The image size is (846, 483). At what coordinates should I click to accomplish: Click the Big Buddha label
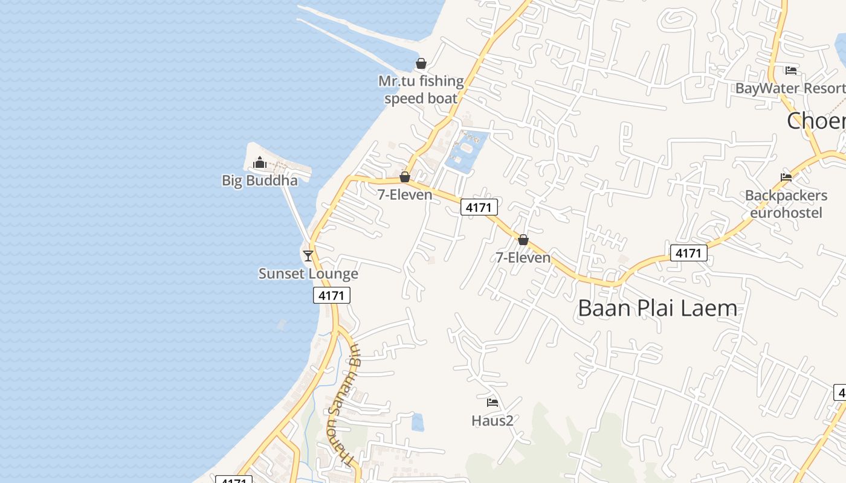point(260,181)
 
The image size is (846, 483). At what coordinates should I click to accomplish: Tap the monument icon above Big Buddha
point(260,162)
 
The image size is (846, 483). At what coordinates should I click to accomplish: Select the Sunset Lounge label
point(308,273)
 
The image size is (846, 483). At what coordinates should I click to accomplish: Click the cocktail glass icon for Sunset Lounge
point(308,255)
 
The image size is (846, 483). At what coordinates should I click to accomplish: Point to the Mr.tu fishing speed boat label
point(421,89)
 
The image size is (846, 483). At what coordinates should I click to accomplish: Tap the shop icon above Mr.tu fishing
point(421,63)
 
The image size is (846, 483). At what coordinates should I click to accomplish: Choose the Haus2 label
point(492,420)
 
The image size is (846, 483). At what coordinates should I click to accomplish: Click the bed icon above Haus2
point(492,402)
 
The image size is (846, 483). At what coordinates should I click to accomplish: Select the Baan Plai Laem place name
point(657,308)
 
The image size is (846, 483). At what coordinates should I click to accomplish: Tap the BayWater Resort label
point(790,88)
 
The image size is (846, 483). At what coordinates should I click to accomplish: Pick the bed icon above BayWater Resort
point(791,71)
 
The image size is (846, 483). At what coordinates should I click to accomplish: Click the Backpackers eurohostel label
point(786,204)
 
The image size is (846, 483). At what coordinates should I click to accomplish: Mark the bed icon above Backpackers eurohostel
point(786,178)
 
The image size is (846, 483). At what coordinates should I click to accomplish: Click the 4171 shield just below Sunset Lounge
point(332,295)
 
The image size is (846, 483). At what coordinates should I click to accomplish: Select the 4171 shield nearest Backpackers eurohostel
point(688,253)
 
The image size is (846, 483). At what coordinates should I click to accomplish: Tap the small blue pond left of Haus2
point(418,422)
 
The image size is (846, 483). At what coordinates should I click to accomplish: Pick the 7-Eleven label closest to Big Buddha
point(405,194)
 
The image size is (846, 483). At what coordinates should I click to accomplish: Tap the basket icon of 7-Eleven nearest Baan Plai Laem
point(523,240)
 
